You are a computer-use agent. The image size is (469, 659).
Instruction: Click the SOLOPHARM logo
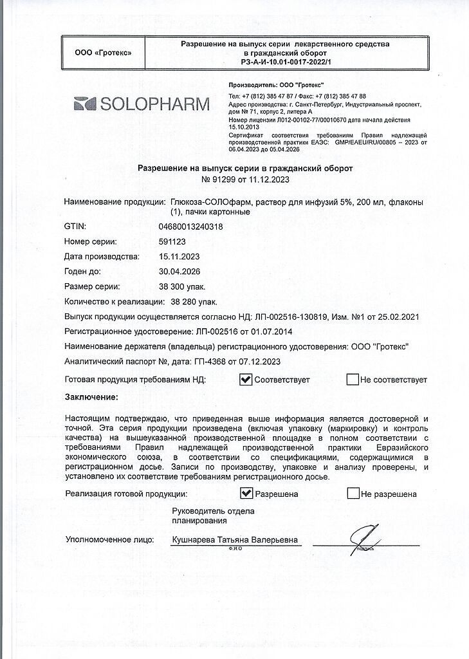(x=142, y=104)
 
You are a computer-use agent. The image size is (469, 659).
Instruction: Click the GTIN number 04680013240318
(x=190, y=227)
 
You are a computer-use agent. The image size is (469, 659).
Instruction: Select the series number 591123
(x=171, y=242)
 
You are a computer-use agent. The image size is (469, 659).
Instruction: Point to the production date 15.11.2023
(x=179, y=256)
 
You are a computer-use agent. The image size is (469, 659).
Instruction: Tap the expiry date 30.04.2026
(x=179, y=271)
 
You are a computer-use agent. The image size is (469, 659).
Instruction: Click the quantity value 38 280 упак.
(x=194, y=301)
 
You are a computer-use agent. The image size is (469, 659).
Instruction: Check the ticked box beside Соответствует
(x=245, y=379)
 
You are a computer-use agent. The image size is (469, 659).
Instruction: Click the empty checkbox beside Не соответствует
(x=352, y=379)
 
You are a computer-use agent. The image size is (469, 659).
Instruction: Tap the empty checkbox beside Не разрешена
(x=353, y=494)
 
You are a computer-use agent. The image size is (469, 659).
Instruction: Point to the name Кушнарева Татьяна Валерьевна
(x=235, y=541)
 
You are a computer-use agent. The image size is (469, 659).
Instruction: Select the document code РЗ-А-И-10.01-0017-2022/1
(x=284, y=61)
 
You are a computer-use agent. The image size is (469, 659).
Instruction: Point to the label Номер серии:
(x=91, y=242)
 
